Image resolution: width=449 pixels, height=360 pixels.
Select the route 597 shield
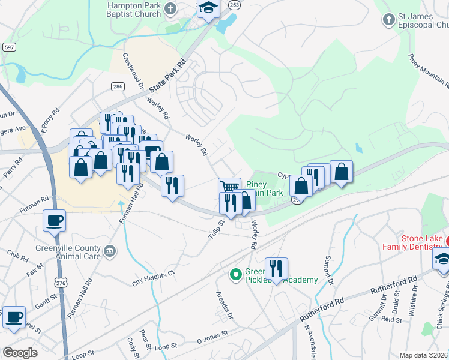[x=9, y=47]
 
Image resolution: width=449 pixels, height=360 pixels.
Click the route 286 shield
[x=118, y=87]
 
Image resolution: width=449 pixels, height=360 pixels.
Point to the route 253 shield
[x=234, y=5]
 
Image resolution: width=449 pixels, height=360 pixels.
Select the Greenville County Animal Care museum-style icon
[x=110, y=251]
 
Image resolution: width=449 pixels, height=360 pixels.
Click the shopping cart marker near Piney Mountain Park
[x=229, y=187]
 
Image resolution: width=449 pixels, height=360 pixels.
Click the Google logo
[x=20, y=353]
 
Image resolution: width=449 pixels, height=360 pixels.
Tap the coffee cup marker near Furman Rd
[x=54, y=220]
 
